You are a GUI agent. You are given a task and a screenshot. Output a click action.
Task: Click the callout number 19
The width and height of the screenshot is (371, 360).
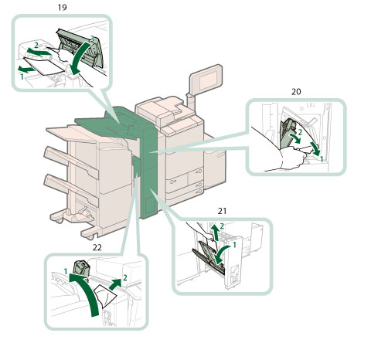[62, 7]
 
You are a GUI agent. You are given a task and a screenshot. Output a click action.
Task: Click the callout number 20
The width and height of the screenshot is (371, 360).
[296, 92]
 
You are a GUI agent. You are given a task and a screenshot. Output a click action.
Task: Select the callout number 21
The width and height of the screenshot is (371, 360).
[222, 211]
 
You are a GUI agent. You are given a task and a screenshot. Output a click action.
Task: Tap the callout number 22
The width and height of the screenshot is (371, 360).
[97, 247]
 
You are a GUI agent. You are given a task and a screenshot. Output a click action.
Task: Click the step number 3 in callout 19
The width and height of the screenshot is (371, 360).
[92, 39]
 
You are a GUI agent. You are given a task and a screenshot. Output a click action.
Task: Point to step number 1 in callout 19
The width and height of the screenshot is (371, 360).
[22, 76]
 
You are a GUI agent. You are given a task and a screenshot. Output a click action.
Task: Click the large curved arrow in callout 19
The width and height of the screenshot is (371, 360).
[80, 59]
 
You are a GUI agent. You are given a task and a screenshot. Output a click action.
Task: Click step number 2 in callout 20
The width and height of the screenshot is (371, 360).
[300, 132]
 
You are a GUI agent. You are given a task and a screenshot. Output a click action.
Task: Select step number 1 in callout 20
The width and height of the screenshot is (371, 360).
[322, 159]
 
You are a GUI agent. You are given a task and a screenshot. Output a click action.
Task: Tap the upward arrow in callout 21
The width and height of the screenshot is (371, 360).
[215, 233]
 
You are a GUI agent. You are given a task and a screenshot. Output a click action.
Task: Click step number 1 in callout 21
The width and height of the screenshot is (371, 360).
[234, 245]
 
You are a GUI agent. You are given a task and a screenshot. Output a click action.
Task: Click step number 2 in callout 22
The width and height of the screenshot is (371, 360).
[125, 277]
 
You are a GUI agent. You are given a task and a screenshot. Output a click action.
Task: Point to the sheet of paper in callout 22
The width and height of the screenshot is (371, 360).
[105, 296]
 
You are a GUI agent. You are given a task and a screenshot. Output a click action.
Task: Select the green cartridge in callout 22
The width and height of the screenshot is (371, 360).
[81, 268]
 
